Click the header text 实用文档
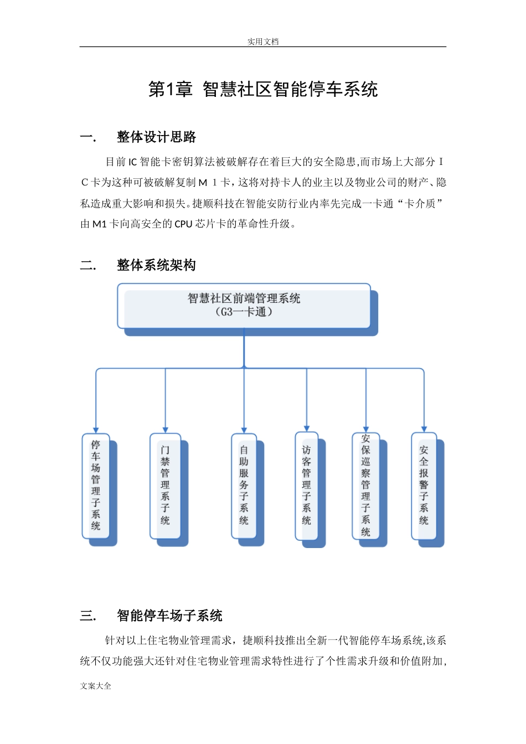coord(262,42)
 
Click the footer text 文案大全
coord(95,686)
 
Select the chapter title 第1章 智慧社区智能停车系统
coord(262,89)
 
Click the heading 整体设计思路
coord(156,137)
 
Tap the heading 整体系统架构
coord(156,265)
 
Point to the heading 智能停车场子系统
coord(169,616)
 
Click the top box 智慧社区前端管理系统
coord(244,306)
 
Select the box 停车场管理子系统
coord(96,485)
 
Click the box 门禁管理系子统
coord(165,485)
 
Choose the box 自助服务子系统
coord(244,485)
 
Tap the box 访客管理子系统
coord(306,485)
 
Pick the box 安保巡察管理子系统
coord(365,485)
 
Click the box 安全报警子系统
coord(424,485)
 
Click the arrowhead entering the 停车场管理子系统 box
coord(96,430)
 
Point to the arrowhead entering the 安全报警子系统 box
coord(424,429)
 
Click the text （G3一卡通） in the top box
coord(244,312)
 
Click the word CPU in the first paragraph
coord(183,224)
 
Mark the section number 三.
coord(87,616)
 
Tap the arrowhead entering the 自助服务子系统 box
coord(244,430)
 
